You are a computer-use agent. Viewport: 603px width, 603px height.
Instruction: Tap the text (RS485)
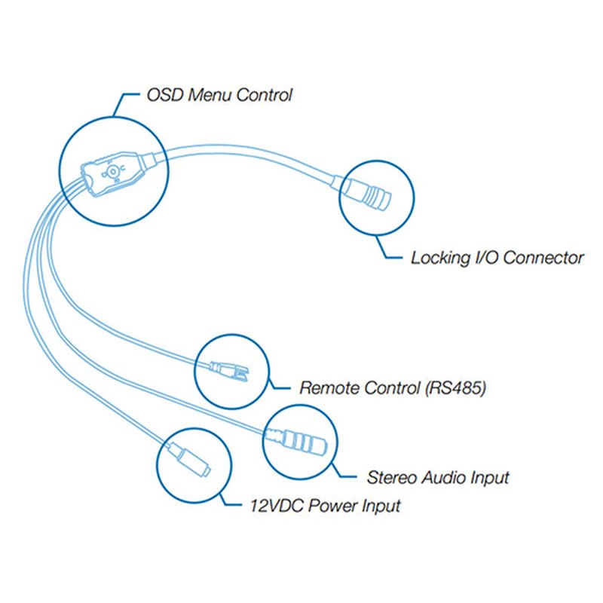point(455,387)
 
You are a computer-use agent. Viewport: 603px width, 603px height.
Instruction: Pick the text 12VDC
point(277,505)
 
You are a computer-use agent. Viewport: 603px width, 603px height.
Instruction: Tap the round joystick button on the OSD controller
point(112,172)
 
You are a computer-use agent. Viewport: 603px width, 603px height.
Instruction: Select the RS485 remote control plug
point(229,371)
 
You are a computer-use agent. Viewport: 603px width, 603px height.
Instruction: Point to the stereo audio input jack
point(297,441)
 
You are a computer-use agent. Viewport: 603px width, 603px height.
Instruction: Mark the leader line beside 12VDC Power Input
point(227,500)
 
